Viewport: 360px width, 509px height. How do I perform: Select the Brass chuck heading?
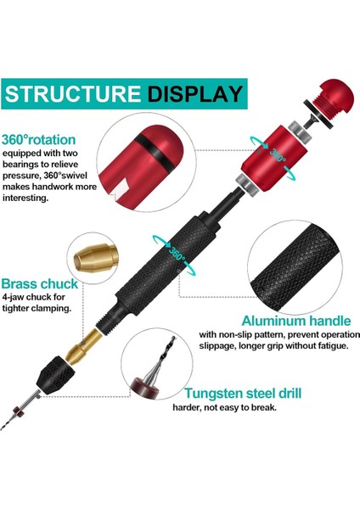click(x=41, y=283)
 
